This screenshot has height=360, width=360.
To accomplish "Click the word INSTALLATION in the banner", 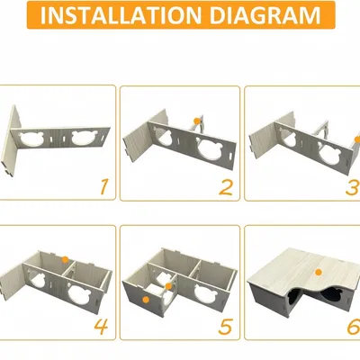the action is tap(121, 15).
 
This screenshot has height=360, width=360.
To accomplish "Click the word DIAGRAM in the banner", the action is tap(265, 15).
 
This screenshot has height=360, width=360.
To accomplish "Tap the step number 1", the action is tap(103, 186).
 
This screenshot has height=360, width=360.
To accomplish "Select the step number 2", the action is tap(226, 187).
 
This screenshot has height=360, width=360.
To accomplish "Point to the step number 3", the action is tap(353, 187).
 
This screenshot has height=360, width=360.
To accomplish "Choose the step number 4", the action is tap(101, 327).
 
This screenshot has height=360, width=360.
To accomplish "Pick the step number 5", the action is tap(226, 327).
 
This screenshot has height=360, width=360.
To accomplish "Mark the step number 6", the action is tap(354, 327).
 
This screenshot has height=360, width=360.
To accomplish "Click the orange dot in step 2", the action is tap(197, 121).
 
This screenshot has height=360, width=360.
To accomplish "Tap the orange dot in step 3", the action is tap(357, 139).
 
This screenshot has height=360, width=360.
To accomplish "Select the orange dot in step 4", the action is tap(65, 260).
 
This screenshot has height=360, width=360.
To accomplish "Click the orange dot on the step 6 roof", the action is tap(319, 272).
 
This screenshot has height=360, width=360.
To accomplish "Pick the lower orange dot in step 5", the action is tap(146, 300).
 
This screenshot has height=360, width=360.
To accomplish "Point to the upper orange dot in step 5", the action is tap(168, 286).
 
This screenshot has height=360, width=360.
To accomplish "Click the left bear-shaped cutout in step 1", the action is tap(31, 139).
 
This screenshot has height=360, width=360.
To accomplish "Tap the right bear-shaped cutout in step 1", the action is tap(83, 139).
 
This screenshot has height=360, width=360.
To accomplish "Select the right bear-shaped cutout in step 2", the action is tap(209, 149).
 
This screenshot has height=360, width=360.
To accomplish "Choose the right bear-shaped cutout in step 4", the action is tap(80, 293).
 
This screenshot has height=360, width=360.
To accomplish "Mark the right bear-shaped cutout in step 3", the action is tap(330, 152).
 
